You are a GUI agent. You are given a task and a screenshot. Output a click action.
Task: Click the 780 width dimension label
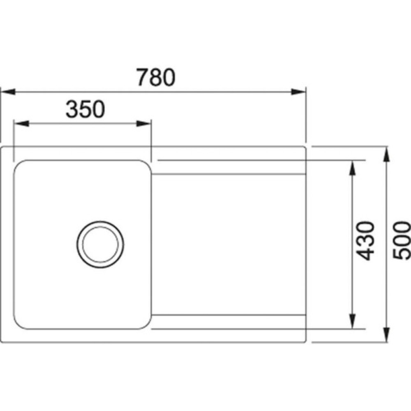156,78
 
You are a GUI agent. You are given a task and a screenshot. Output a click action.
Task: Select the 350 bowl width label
86,109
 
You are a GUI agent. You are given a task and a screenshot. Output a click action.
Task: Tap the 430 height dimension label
365,240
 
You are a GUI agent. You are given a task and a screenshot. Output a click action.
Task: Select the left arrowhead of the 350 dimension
21,123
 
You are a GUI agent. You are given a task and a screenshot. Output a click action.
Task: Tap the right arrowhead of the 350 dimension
144,123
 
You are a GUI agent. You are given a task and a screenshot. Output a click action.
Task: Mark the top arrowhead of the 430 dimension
353,168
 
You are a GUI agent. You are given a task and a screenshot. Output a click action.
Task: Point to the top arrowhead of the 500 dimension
387,154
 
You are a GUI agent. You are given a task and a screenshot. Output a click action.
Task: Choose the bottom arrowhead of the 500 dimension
387,335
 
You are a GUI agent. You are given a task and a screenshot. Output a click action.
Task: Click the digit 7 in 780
142,78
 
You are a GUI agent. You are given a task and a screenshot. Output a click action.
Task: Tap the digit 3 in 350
72,109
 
